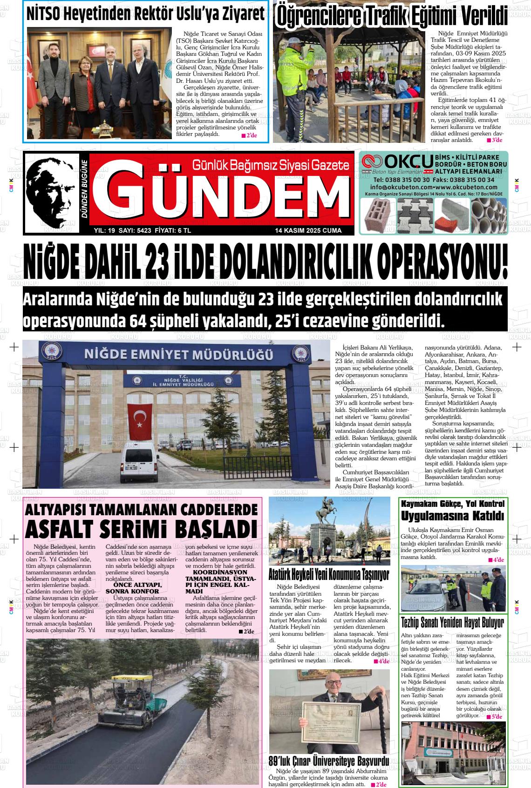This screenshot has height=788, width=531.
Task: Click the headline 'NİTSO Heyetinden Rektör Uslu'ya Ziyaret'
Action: pos(145,14)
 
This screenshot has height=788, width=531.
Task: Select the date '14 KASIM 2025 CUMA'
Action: pos(308,230)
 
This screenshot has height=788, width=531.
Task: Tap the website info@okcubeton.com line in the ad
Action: pos(434,187)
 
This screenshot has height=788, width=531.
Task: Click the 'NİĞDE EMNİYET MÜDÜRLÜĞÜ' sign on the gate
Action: pos(178,355)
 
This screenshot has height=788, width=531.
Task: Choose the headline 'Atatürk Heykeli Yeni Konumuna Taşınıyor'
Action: pos(329,575)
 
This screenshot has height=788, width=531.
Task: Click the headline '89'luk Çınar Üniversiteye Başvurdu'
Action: pos(329,761)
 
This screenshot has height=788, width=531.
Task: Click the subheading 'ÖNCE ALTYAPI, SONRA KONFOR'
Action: pos(134,588)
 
